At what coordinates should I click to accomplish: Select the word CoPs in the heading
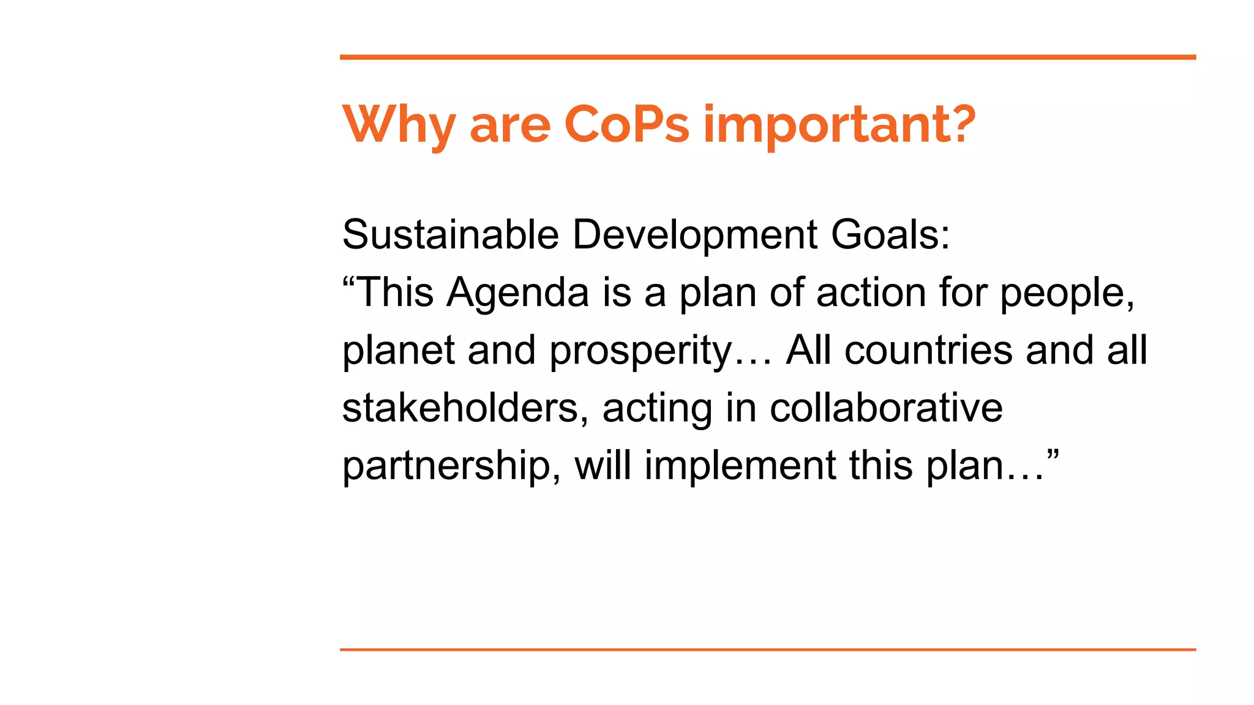tap(626, 124)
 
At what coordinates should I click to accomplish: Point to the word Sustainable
tap(451, 234)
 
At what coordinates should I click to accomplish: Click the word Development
tap(695, 234)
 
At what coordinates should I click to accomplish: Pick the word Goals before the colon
tap(884, 234)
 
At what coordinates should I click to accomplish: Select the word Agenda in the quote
tap(517, 293)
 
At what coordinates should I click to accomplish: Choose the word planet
tap(398, 351)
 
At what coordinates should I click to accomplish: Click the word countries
tap(928, 351)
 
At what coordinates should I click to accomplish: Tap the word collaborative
tap(886, 408)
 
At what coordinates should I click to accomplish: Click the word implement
tap(740, 466)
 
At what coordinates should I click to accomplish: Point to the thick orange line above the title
tap(768, 57)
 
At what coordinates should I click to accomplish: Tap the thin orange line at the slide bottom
tap(768, 649)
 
